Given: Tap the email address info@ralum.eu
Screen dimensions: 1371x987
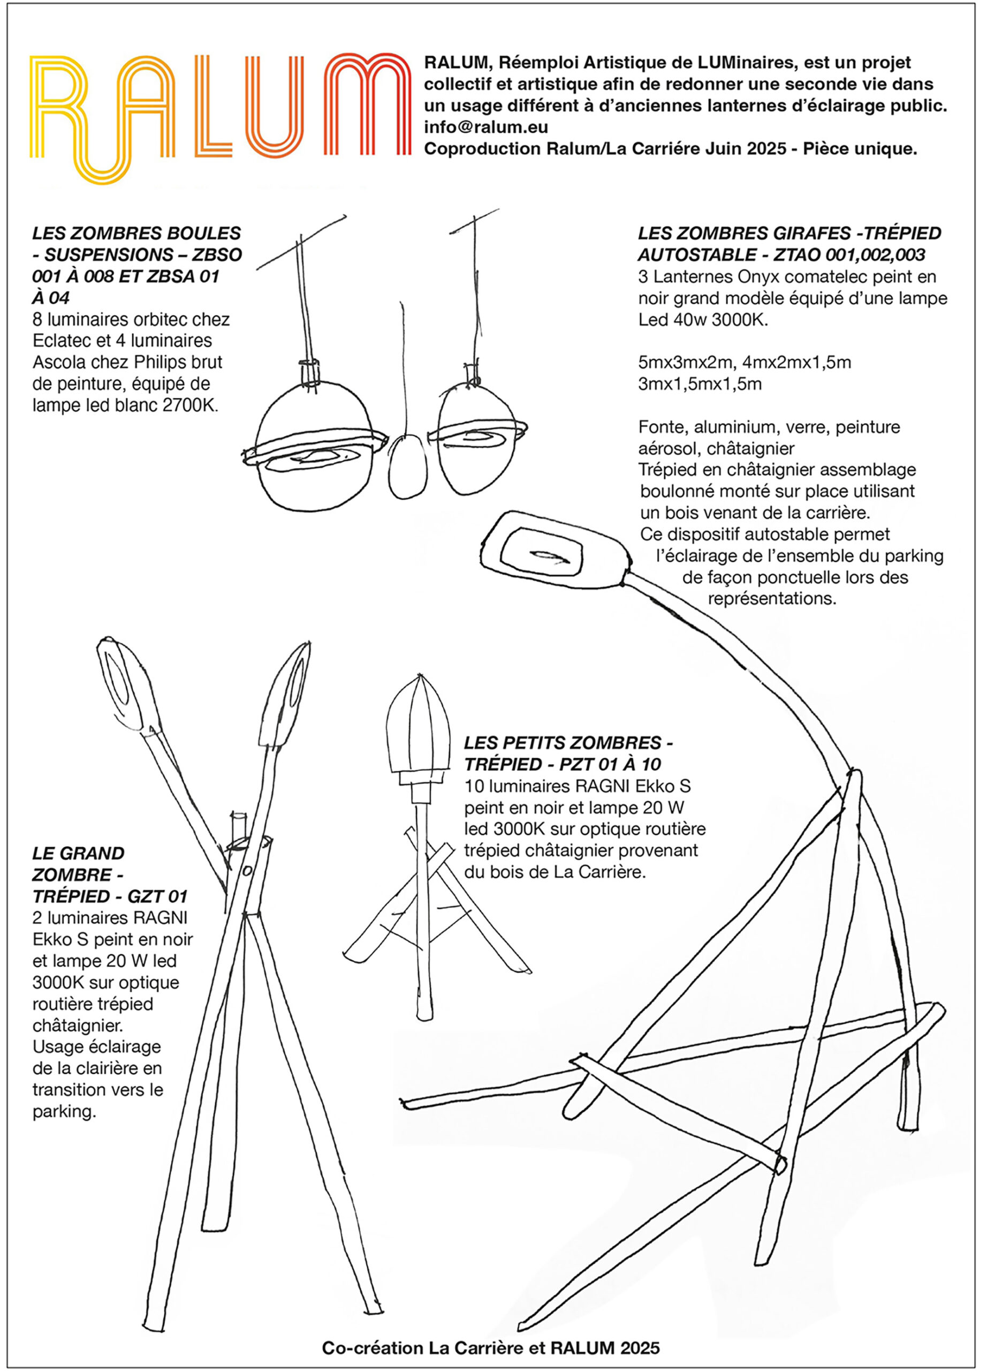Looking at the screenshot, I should coord(485,127).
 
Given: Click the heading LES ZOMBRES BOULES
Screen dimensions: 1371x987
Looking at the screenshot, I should coord(136,233).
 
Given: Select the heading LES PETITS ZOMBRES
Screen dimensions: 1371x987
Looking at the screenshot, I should coord(568,742).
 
